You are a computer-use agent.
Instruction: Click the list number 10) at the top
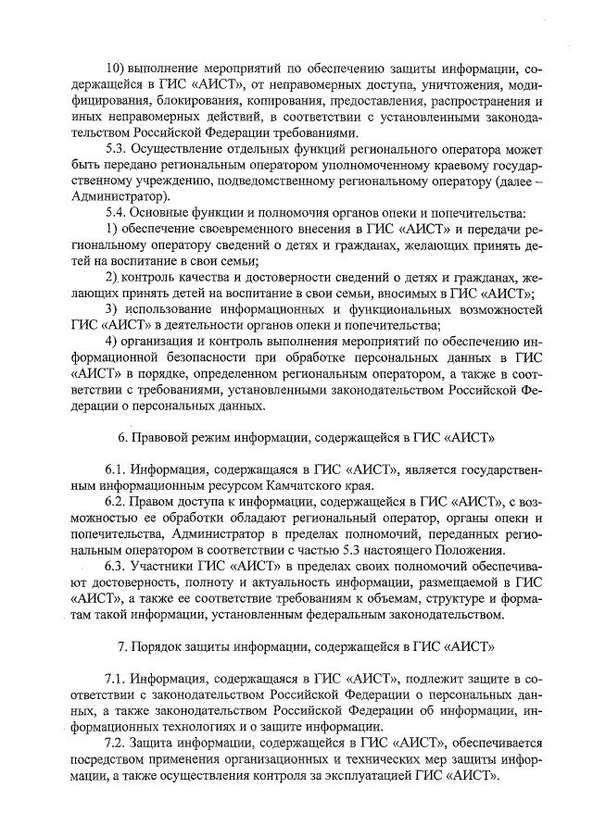(x=118, y=68)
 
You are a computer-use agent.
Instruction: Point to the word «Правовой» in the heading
(x=160, y=437)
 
